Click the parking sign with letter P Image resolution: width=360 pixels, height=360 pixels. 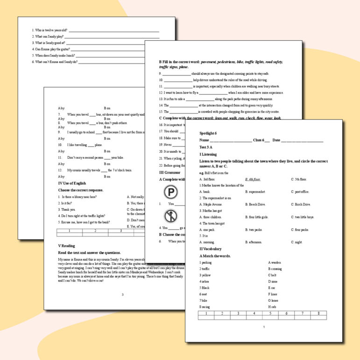tap(170, 192)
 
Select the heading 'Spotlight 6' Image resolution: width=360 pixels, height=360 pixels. tap(208, 133)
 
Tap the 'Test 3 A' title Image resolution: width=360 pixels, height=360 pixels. tap(206, 147)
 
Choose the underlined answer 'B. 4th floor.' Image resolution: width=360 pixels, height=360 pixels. tap(253, 179)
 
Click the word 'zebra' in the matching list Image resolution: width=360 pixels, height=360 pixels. tap(204, 282)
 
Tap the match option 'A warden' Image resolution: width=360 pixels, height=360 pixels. tap(275, 262)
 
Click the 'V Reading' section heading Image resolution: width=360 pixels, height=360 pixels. tap(66, 246)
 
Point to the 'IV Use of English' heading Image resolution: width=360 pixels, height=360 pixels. tap(72, 184)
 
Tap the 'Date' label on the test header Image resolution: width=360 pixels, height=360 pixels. tap(276, 140)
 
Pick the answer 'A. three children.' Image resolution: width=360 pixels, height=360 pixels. tap(210, 217)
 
